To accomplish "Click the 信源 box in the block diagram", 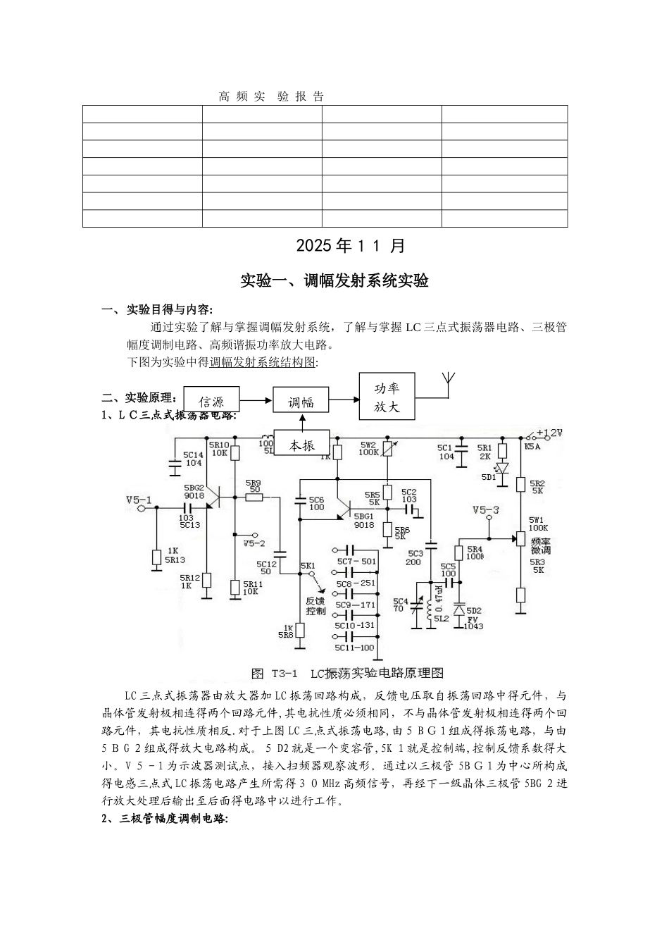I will click(211, 402).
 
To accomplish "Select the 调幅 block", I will click(301, 402).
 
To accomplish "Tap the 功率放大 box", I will click(387, 397).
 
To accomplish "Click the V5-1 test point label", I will click(139, 500).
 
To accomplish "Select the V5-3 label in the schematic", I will click(486, 510).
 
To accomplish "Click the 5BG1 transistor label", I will click(363, 520).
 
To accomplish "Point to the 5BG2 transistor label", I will click(194, 492).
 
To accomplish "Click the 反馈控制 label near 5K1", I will click(315, 606).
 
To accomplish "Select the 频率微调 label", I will click(540, 545).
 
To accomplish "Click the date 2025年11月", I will click(351, 246).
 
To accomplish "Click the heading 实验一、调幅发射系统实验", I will click(334, 280).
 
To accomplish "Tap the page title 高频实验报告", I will click(271, 97).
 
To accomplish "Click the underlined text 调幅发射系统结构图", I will click(263, 362).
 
